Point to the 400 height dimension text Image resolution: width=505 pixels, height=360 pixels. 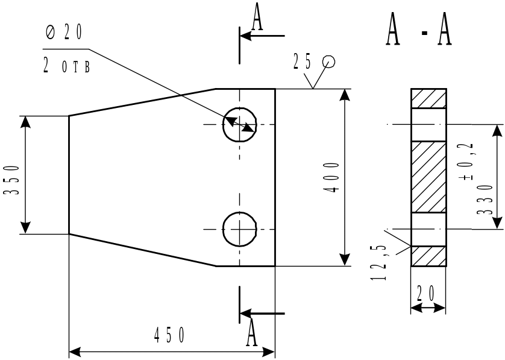(x=330, y=177)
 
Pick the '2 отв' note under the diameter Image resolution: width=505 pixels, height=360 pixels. (x=66, y=65)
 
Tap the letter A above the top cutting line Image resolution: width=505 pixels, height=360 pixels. (x=257, y=16)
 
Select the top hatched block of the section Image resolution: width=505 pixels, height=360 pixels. (x=428, y=99)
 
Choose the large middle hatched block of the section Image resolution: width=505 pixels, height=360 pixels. (x=428, y=177)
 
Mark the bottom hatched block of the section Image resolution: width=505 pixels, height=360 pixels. (x=428, y=256)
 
